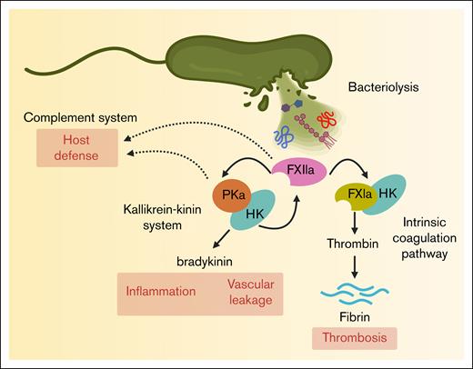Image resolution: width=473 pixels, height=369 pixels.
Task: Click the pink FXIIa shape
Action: click(297, 170)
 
